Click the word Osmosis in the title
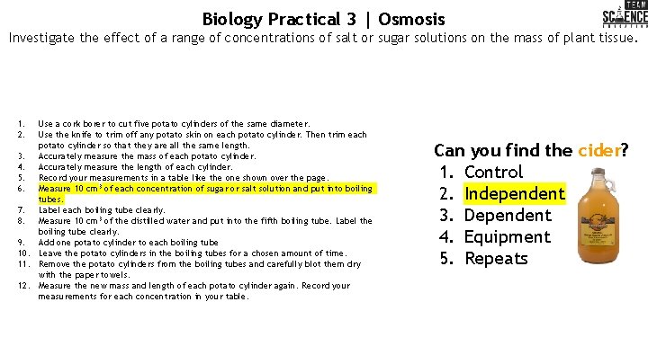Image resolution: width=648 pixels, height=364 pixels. pos(411,18)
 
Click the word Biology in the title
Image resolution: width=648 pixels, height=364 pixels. pos(233,18)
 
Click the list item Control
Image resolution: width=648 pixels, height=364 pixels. pos(493,172)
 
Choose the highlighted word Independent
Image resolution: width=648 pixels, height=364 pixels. pos(515,193)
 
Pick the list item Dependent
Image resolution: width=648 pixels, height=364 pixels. pos(508,215)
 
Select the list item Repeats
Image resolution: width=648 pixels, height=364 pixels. pos(496,258)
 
